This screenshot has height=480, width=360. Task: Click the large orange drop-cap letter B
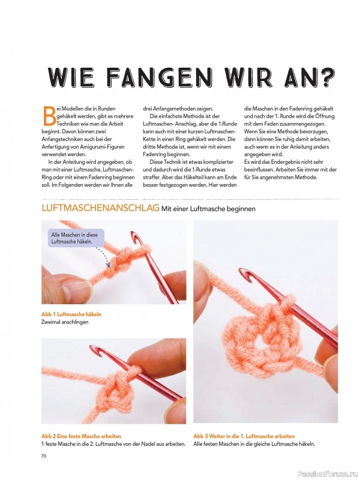click(49, 116)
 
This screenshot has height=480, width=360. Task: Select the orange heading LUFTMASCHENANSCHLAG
click(100, 208)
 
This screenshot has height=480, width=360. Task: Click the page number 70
click(43, 456)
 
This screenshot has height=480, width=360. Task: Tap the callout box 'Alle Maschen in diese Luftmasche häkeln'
click(76, 238)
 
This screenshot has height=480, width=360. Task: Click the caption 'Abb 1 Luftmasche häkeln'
click(71, 314)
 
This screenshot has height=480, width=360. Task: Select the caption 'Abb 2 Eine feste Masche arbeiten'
click(81, 436)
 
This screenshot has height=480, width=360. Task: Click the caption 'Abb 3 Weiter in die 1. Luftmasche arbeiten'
click(244, 436)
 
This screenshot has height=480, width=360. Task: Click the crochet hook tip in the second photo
click(95, 349)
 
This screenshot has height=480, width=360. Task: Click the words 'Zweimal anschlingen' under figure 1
click(65, 322)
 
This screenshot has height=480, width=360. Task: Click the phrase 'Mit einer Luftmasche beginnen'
click(208, 209)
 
